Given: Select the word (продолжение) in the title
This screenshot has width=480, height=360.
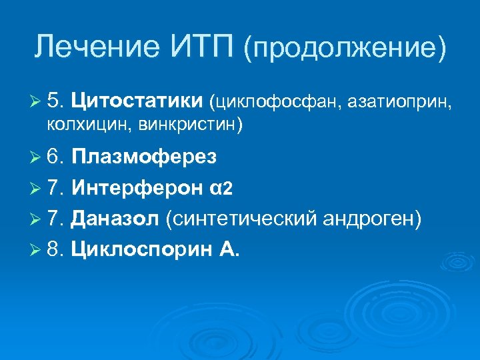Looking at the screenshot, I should click(345, 49).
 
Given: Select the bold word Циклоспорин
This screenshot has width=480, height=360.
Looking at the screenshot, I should click(139, 249).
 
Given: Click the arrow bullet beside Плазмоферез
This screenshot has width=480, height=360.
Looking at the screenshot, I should click(39, 157).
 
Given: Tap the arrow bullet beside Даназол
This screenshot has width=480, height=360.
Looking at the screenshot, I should click(39, 219).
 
